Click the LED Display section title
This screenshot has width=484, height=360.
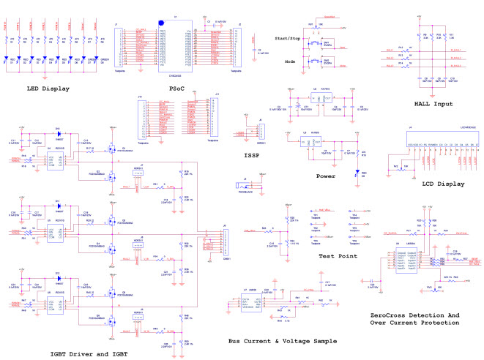point(49,89)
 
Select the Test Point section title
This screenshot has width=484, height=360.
point(338,255)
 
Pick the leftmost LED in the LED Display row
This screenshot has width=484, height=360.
point(8,61)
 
